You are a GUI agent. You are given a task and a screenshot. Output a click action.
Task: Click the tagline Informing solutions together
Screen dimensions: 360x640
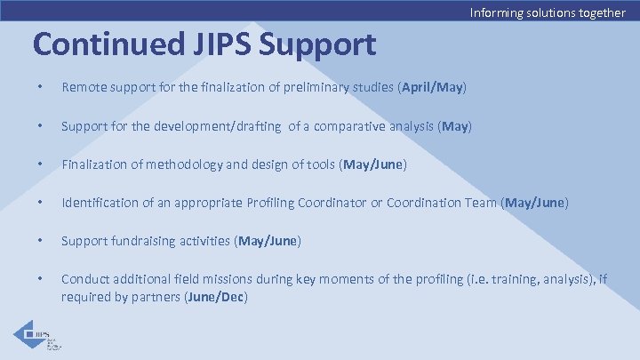[547, 12]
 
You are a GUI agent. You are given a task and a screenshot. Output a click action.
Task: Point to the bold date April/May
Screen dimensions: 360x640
[432, 88]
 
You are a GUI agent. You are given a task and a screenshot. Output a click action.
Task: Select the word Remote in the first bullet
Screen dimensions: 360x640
[82, 88]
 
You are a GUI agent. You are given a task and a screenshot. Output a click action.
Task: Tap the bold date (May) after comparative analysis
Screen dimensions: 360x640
[454, 126]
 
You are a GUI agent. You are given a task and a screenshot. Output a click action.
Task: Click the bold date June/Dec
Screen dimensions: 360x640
[215, 296]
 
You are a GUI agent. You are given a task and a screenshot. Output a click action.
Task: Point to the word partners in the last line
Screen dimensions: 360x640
[156, 296]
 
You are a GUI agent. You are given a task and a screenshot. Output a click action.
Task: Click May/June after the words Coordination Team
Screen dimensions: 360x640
[535, 203]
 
